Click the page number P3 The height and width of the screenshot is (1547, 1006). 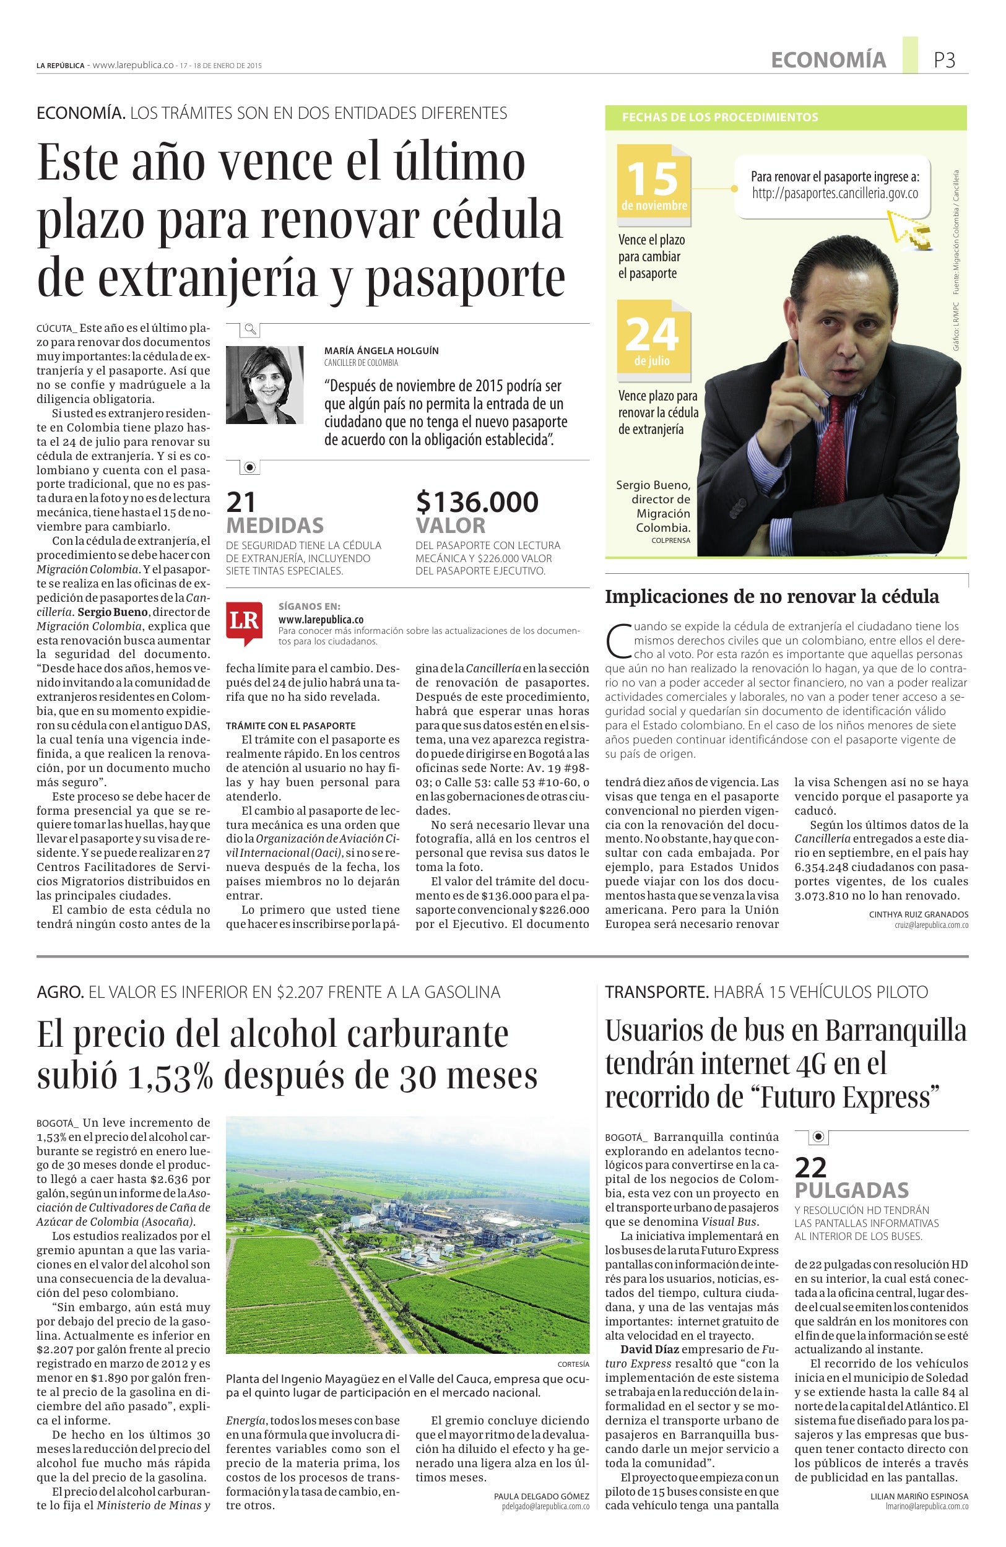944,61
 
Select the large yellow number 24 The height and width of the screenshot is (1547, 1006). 653,334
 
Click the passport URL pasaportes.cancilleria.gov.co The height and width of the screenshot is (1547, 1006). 835,193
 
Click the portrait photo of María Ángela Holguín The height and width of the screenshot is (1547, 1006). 264,385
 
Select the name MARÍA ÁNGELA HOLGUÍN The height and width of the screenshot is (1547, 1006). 381,350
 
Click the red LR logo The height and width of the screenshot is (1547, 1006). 245,622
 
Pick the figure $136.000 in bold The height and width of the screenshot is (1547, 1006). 477,502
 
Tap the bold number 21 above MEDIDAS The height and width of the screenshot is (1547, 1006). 241,502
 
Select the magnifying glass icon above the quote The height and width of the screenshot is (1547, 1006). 249,329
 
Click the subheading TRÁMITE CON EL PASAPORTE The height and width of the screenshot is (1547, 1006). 290,726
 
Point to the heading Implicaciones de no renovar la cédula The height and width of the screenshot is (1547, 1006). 772,596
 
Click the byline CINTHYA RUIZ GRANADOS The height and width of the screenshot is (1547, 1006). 918,914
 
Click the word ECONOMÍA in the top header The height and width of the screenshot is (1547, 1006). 828,61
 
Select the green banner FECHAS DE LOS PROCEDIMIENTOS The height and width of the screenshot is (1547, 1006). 720,118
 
